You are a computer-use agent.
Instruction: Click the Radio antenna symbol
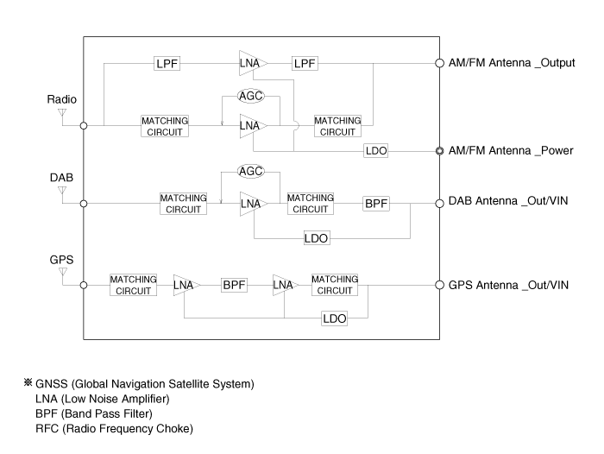coord(61,112)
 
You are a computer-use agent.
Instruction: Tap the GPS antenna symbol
coord(61,273)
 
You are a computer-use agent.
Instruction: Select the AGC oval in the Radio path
coord(250,98)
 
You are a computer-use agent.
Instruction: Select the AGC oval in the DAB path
coord(250,171)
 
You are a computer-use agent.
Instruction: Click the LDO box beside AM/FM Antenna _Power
coord(375,151)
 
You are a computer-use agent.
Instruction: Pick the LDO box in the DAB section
coord(317,237)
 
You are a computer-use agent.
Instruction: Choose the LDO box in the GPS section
coord(334,318)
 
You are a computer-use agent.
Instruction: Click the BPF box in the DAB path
coord(376,204)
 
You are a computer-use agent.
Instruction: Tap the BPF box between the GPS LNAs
coord(235,285)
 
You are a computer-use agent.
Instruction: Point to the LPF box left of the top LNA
coord(167,64)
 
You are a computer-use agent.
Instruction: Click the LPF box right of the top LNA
coord(305,64)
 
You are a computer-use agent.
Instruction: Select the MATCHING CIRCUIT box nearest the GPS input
coord(133,285)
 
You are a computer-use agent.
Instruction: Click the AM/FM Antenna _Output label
coord(512,64)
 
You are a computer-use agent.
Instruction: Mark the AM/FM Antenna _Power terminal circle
coord(440,151)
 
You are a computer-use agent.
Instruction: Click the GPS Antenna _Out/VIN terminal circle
coord(440,285)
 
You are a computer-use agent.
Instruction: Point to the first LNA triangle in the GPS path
coord(185,285)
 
